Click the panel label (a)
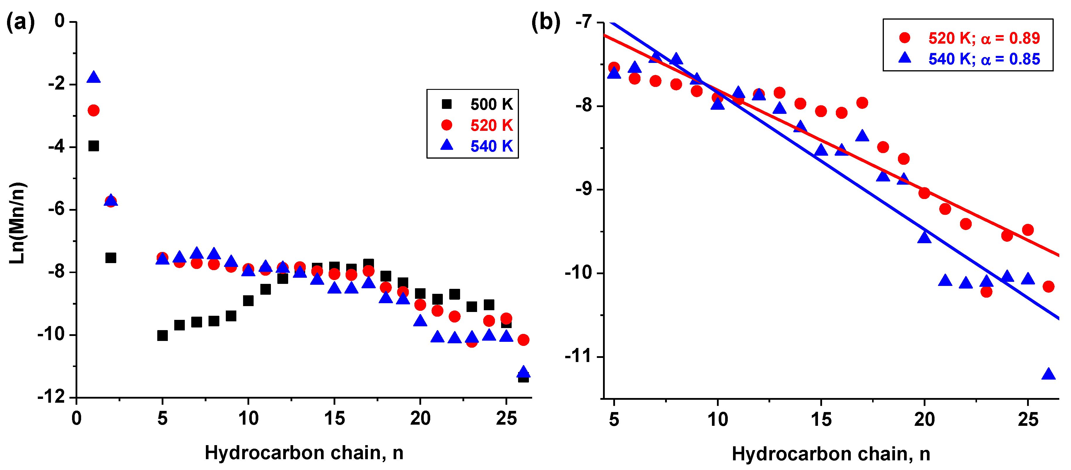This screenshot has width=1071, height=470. (x=20, y=22)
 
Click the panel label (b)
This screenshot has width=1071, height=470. (x=546, y=22)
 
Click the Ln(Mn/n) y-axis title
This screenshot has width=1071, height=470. (x=18, y=223)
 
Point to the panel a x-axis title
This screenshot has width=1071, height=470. (x=304, y=452)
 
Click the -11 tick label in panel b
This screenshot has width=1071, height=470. (x=578, y=356)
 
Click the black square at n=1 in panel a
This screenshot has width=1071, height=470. (x=93, y=146)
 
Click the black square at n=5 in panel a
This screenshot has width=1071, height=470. (x=163, y=335)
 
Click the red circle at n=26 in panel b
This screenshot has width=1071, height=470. (x=1048, y=286)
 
